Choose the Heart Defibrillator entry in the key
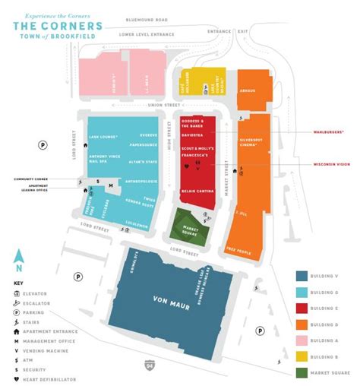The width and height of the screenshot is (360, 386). [x=44, y=379]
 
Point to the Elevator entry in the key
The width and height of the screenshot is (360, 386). [x=39, y=292]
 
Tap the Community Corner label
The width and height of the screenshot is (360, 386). [x=36, y=179]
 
